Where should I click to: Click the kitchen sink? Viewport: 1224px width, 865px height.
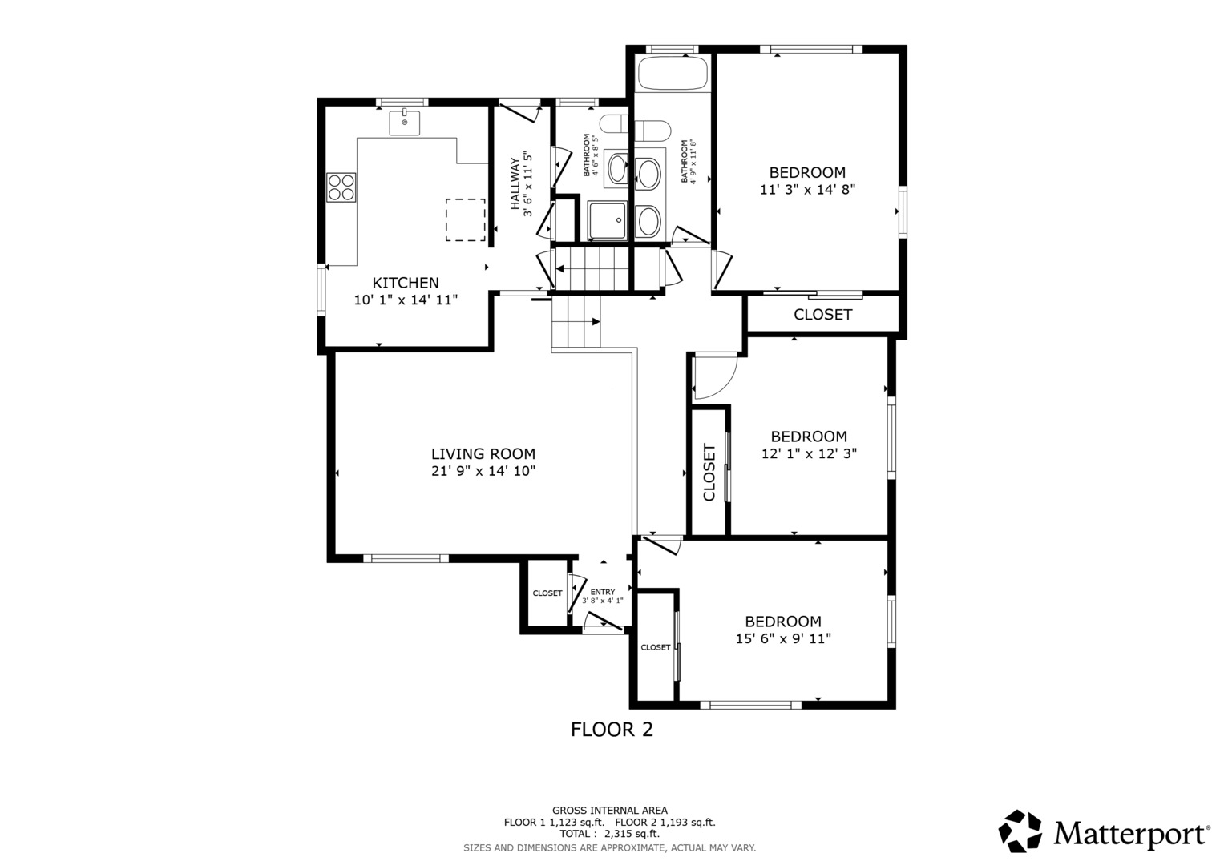404,123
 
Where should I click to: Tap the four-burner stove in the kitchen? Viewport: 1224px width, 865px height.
341,187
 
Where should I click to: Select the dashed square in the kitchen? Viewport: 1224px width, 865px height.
466,220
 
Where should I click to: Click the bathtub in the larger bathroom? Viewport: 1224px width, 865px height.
673,73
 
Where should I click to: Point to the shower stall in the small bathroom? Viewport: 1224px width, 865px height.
608,220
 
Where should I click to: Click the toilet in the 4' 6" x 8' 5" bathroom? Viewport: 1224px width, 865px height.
614,123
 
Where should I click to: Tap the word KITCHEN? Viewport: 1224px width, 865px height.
406,283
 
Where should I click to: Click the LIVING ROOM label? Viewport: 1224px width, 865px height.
483,454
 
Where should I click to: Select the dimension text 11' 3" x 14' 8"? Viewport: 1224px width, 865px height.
807,190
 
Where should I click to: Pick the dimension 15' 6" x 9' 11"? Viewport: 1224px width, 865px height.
783,638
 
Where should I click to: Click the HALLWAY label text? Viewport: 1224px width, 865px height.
515,184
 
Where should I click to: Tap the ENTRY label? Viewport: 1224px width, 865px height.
603,592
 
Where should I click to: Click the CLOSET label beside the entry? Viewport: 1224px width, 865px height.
547,593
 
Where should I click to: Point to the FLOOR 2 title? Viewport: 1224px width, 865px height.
612,730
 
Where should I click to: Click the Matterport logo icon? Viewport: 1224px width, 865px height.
1020,831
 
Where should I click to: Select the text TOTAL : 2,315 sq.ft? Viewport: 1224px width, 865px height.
609,834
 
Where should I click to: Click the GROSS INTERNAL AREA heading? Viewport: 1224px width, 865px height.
610,811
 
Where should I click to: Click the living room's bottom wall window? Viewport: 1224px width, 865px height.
406,558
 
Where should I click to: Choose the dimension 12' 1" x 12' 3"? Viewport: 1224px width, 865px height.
809,453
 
